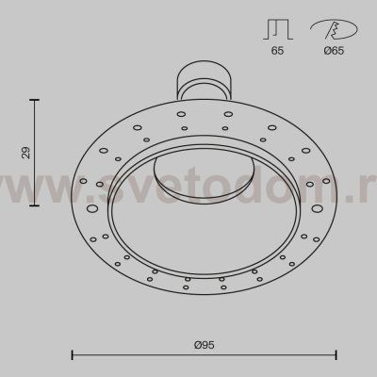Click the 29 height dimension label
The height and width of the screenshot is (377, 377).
tap(27, 152)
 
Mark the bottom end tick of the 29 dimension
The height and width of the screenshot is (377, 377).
tap(37, 205)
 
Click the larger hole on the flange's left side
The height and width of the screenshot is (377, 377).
tap(92, 207)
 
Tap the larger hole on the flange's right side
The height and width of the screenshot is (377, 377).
tap(318, 207)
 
